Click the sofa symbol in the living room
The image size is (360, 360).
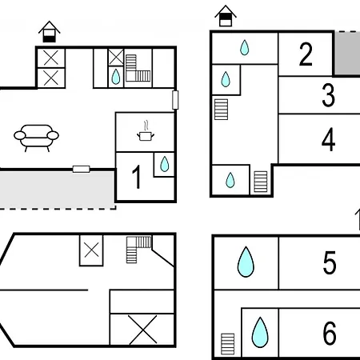(36, 138)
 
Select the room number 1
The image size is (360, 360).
(137, 177)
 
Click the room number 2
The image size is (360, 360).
(306, 54)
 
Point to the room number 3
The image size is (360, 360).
(328, 95)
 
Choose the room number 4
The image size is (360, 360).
(328, 139)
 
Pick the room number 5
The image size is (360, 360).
(330, 262)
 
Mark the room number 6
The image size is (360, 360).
(330, 333)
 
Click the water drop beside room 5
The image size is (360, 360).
(246, 262)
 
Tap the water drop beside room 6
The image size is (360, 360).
(260, 332)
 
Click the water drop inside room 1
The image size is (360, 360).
(164, 164)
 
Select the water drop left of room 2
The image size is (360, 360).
(244, 47)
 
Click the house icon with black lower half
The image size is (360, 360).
(50, 32)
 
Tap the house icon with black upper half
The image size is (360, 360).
(226, 16)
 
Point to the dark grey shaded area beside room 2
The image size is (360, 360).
(347, 54)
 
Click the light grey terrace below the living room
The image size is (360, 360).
(57, 189)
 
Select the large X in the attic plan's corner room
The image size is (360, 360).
(143, 330)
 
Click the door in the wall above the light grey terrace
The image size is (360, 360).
(82, 169)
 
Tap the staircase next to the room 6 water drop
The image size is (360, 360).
(228, 344)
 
